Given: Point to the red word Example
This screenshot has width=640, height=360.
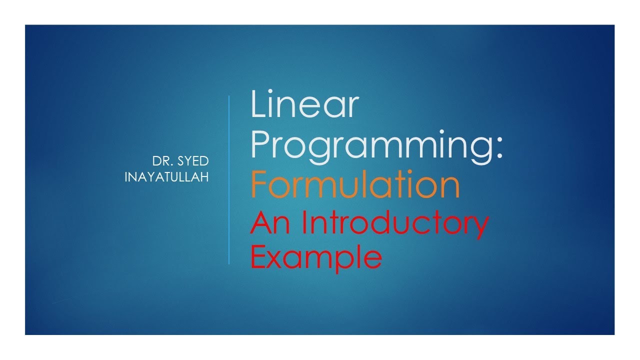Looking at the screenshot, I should (315, 257).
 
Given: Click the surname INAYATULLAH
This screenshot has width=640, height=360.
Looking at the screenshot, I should (166, 176).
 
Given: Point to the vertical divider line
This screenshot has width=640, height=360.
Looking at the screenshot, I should (229, 180).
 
